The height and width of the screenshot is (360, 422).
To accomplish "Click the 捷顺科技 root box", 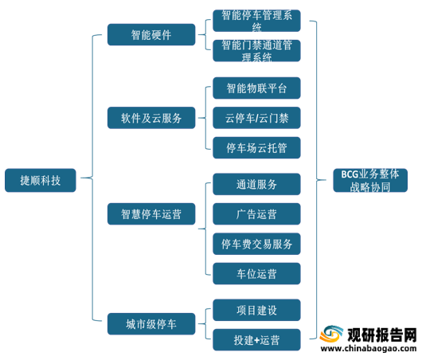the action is [x=41, y=180].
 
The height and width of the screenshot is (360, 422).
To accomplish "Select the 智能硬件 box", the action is [x=151, y=34].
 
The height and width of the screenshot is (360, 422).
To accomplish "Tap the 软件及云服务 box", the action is [x=151, y=118].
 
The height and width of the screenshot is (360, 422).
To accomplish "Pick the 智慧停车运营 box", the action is [x=151, y=213].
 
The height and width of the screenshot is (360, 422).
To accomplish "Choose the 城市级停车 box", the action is [x=151, y=323].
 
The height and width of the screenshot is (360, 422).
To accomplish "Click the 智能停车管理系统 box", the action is [x=256, y=21].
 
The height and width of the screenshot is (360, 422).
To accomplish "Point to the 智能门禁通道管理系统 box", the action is [x=256, y=51].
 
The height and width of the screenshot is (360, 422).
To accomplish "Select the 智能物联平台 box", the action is [x=256, y=88].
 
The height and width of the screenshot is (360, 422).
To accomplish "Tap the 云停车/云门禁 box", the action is [x=256, y=118].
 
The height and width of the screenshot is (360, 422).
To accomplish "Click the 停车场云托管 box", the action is [x=256, y=147].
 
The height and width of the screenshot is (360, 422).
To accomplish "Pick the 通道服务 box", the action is [x=256, y=184].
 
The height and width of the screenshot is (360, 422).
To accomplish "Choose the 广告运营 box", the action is [x=256, y=213].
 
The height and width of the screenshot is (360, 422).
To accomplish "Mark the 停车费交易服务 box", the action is [x=256, y=244].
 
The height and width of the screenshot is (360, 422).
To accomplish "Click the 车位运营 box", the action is [x=256, y=273].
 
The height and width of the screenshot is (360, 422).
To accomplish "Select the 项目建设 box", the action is [x=256, y=310].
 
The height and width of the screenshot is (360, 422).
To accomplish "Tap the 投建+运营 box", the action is [x=256, y=340].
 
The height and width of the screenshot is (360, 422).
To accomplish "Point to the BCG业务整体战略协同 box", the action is [x=370, y=180].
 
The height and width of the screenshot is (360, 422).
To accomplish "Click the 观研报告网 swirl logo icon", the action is [x=331, y=335].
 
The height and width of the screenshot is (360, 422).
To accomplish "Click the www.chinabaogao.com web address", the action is [x=369, y=348].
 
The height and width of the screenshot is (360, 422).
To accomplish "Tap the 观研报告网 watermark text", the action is [x=382, y=335].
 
